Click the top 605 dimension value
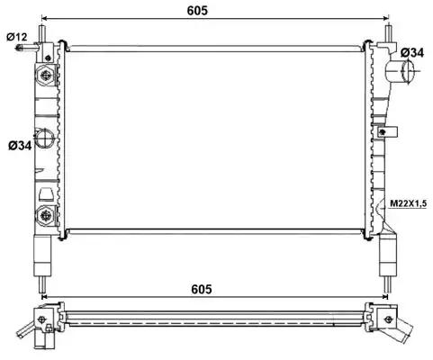pos(197,11)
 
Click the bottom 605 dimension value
pos(202,289)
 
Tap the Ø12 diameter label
pos(17,37)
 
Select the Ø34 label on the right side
pos(412,53)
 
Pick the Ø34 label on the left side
pos(20,146)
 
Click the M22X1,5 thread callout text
pos(409,203)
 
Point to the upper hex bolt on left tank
pos(46,75)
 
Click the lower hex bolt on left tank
pos(46,215)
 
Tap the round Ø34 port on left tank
pos(45,138)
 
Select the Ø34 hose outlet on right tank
pos(401,72)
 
